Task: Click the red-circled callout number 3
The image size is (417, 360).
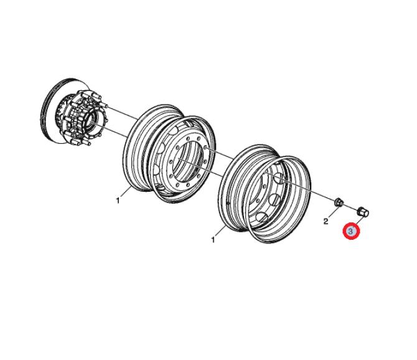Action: coord(351,231)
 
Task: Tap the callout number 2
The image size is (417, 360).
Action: coord(326,221)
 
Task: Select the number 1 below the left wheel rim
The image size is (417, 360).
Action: coord(118,201)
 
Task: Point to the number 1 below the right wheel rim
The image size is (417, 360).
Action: coord(213,240)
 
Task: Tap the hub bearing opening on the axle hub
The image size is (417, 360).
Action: coord(91,118)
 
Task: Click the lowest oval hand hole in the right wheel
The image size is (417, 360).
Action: coord(263,218)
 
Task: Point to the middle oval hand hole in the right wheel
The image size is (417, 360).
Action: coord(274,199)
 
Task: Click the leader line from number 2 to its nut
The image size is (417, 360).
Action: coord(332,211)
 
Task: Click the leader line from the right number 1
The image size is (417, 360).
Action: coord(220,231)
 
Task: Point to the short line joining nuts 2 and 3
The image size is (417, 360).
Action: coord(350,207)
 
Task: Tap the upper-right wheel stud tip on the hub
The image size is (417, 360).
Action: coord(106,106)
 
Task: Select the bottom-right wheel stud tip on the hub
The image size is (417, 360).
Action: coord(88,144)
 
